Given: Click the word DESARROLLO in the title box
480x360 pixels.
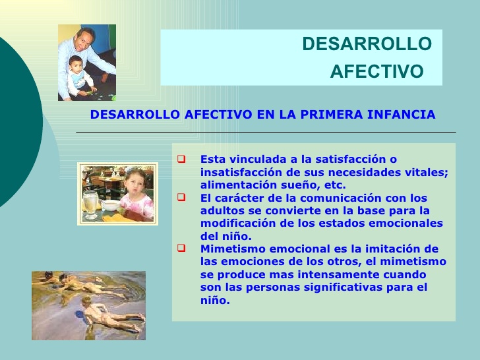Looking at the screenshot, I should (x=367, y=44).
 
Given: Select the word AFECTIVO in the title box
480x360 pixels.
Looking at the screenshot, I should (x=376, y=72).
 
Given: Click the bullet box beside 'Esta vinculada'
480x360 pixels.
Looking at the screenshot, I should (x=182, y=159).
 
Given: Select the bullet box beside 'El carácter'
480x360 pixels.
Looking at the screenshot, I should (x=182, y=198).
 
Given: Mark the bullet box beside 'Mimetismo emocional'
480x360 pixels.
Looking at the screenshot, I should (x=182, y=249).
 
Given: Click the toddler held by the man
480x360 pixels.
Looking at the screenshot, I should (x=78, y=76).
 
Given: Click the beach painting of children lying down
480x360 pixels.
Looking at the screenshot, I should (x=88, y=305).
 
